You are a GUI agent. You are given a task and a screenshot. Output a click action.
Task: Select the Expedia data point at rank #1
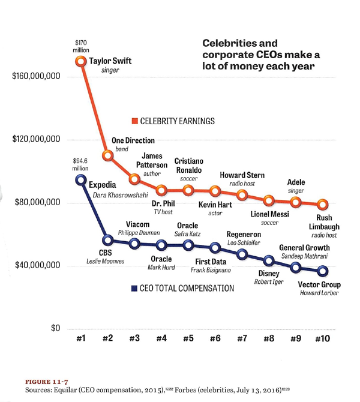81,181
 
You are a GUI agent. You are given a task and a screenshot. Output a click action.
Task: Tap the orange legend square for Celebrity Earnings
135,121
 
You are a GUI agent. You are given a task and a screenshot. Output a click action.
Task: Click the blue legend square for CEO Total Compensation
135,288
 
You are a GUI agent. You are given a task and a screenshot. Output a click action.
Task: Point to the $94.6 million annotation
80,164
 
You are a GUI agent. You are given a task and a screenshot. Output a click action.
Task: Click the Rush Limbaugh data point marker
322,205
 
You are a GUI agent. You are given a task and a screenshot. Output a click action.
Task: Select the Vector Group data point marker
322,271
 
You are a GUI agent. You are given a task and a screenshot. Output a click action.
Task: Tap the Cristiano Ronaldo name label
188,166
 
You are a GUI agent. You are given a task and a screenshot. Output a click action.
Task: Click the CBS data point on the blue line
107,241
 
